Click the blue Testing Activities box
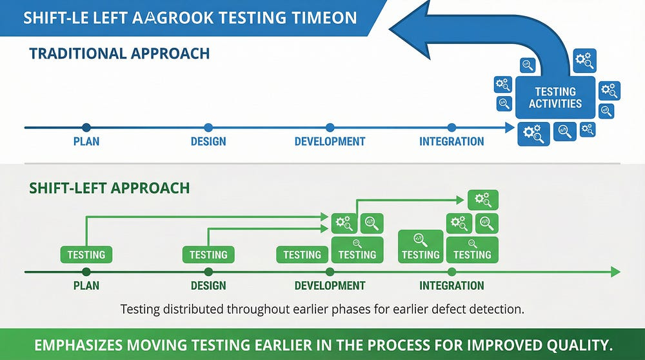pos(555,97)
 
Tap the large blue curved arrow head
pos(413,29)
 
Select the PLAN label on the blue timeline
pos(86,141)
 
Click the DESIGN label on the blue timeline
pos(208,141)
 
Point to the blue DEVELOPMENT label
pos(330,141)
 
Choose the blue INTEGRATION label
pos(451,141)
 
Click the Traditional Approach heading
pos(119,54)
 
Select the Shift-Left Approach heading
pos(110,188)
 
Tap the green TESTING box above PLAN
pos(86,255)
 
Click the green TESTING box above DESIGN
pos(208,255)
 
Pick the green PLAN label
pos(86,285)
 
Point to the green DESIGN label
pos(208,285)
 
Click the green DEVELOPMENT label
pos(330,285)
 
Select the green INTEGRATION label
pos(451,285)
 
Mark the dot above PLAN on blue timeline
pos(86,128)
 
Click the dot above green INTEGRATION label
pos(451,272)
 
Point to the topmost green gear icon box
pos(482,199)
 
